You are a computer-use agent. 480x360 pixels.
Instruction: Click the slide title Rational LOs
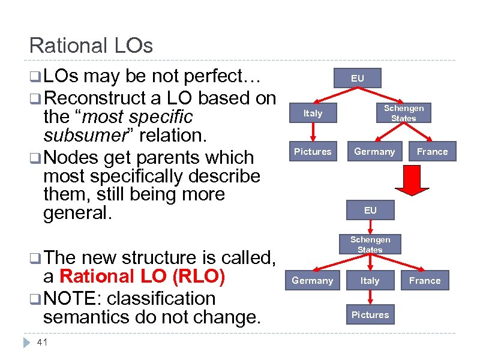point(91,46)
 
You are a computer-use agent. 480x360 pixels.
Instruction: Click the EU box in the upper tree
point(358,79)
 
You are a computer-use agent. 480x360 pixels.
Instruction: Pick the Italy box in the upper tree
point(313,113)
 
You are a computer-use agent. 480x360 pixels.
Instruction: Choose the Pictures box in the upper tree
point(313,152)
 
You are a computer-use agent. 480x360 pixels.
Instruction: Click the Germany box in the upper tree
point(374,152)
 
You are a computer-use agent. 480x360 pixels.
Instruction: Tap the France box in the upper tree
point(433,152)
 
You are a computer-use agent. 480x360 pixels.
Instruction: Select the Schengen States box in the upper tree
point(404,113)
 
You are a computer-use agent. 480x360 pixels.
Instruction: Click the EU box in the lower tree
point(370,210)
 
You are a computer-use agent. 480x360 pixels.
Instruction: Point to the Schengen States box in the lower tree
point(370,245)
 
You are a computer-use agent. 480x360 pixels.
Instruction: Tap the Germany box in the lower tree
point(312,280)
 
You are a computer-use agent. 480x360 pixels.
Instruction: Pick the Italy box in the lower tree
point(370,280)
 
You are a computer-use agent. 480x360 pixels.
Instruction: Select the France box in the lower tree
point(425,280)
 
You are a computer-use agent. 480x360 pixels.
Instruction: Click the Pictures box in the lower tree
point(370,314)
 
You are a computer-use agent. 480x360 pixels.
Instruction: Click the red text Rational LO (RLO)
point(143,277)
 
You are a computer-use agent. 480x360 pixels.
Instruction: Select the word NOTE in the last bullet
point(69,298)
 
